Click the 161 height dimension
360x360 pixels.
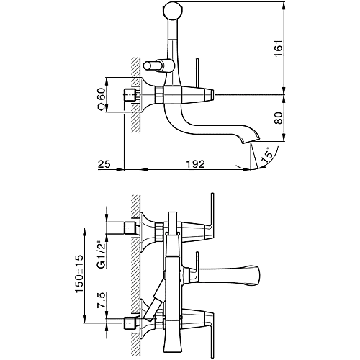(279, 48)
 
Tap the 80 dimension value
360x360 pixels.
(279, 118)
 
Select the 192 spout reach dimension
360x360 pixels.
(196, 164)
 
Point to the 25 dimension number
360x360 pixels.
(104, 164)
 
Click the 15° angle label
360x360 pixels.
(267, 155)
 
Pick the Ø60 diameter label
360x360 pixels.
(102, 94)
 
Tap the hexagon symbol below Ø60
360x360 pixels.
(102, 107)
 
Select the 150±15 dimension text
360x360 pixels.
(79, 274)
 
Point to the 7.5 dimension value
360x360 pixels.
(102, 300)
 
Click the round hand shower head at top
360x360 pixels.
(172, 10)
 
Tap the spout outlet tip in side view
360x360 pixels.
(251, 140)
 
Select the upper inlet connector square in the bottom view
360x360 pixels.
(131, 228)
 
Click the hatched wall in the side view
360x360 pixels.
(135, 95)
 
